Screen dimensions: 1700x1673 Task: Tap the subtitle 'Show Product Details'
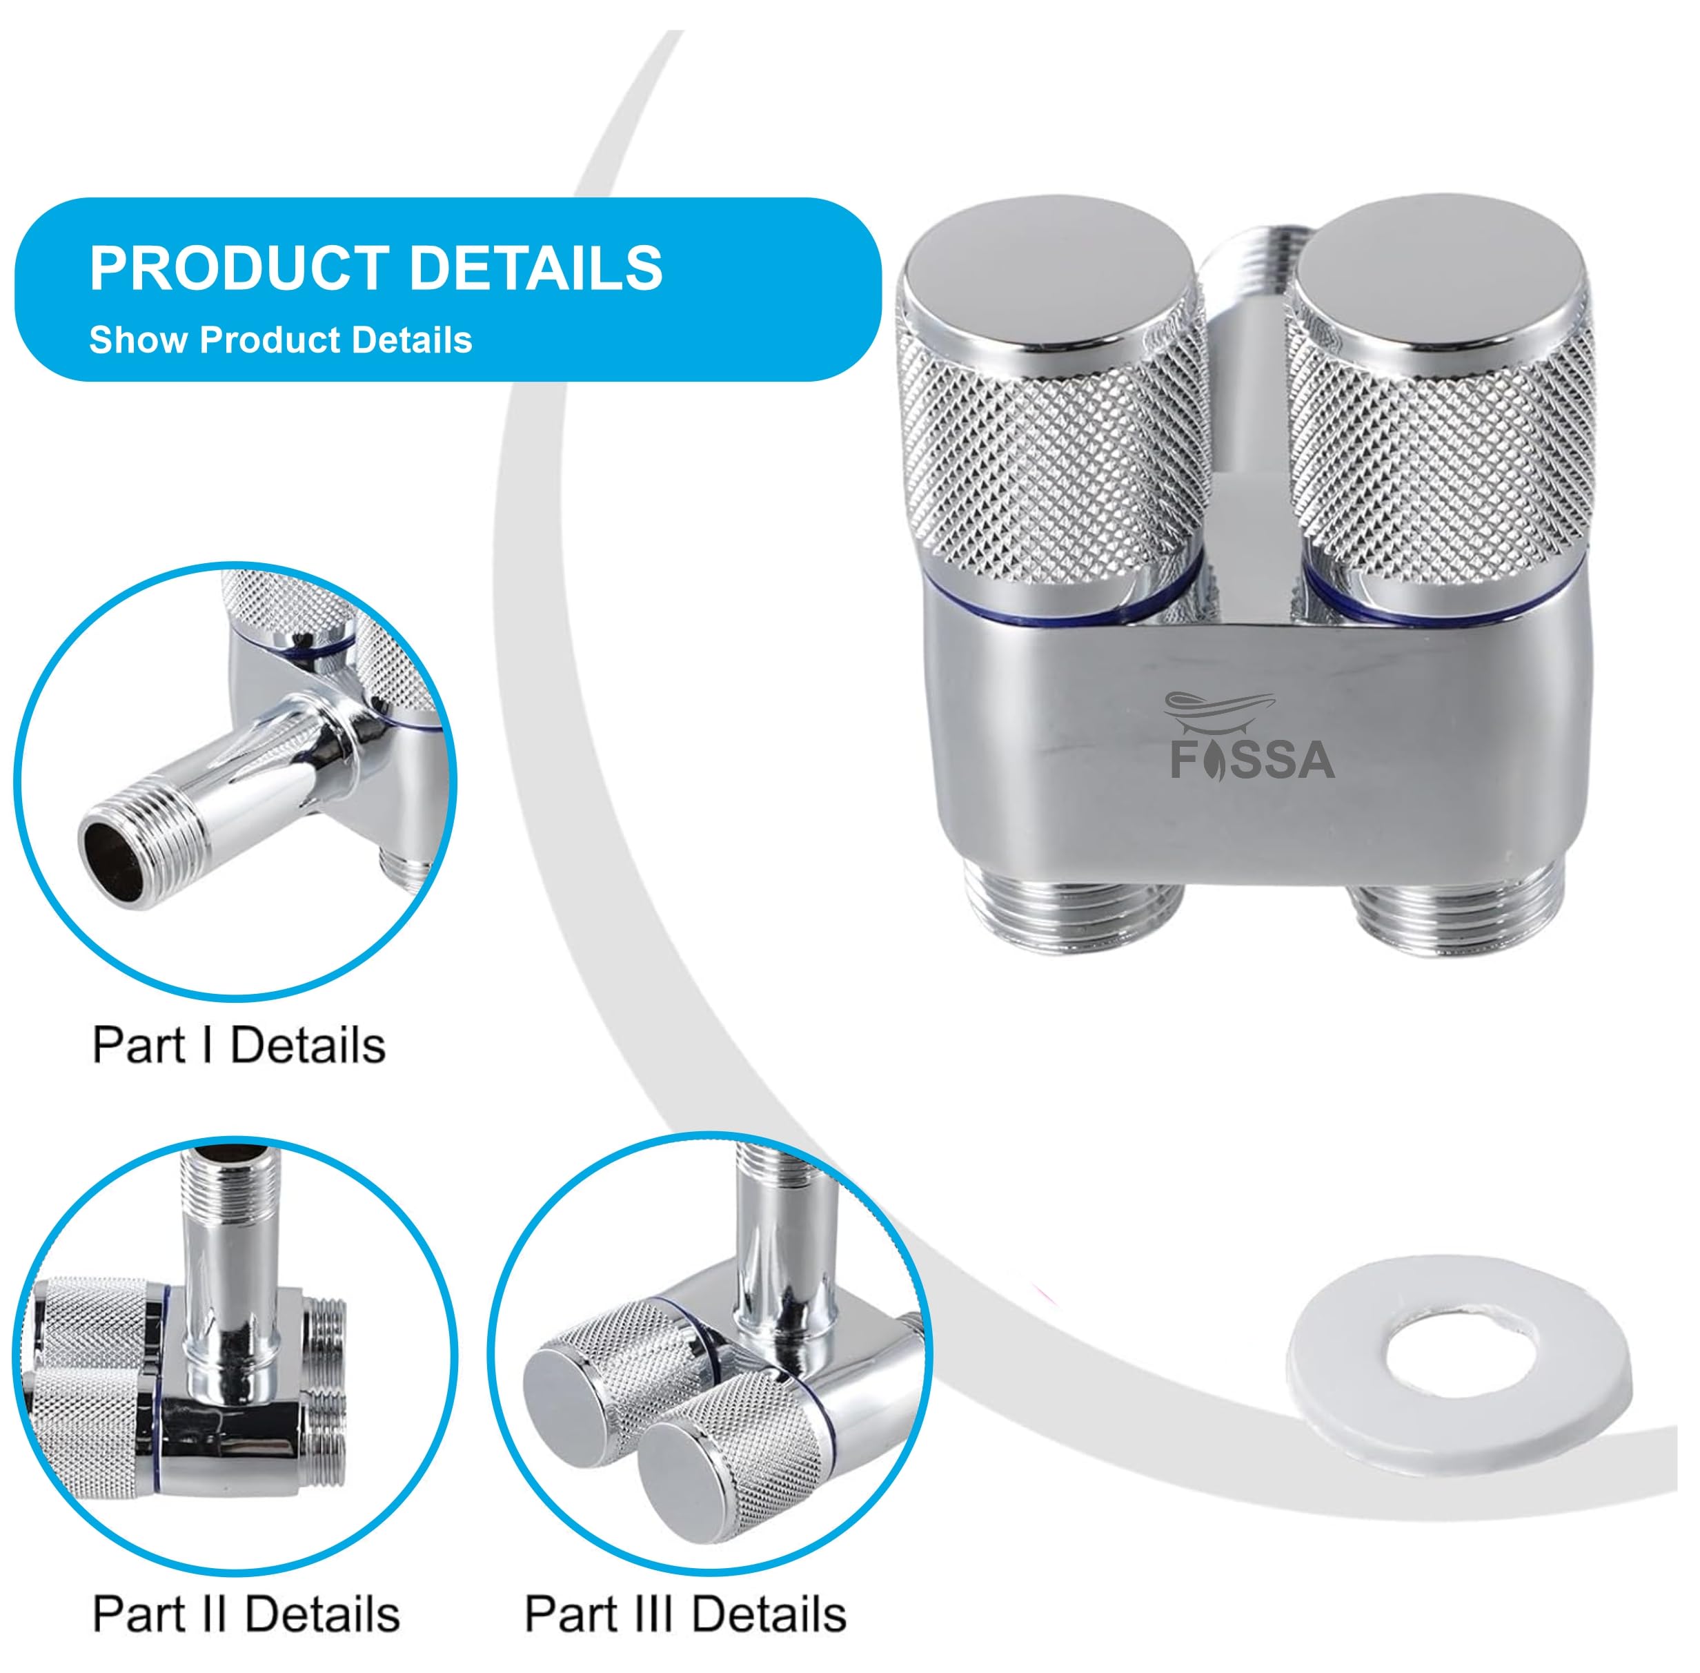click(281, 340)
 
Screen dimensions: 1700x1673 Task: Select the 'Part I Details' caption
click(239, 1046)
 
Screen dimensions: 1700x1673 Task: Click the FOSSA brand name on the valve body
click(1252, 760)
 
